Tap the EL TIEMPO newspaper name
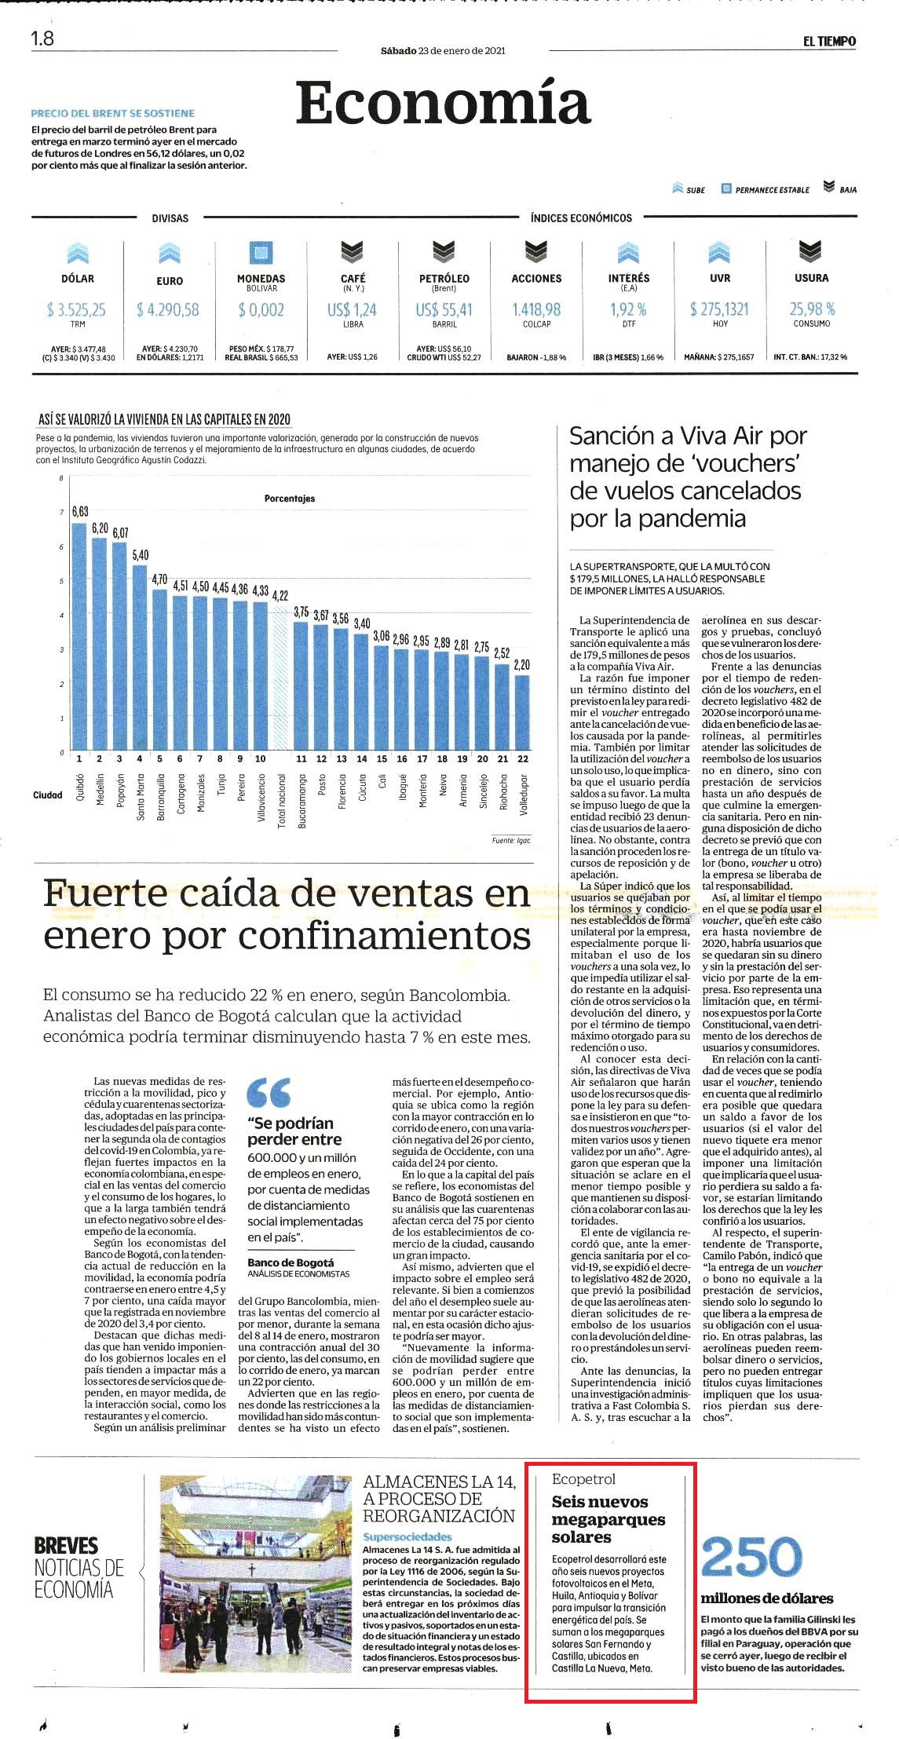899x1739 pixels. point(829,42)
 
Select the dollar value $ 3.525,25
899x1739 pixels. point(76,310)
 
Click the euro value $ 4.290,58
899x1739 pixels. point(168,310)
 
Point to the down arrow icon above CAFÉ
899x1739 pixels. point(353,252)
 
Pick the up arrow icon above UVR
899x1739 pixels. point(719,252)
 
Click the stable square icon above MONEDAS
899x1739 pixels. point(261,252)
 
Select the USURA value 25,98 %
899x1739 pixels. point(812,309)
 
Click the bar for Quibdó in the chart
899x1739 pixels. point(79,637)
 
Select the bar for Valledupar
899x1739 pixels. point(522,713)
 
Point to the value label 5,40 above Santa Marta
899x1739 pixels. point(141,555)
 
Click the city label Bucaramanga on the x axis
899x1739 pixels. point(301,802)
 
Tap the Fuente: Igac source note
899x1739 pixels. point(511,840)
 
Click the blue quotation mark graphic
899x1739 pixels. point(269,1092)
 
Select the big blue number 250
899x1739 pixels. point(751,1557)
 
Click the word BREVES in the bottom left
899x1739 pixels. point(66,1546)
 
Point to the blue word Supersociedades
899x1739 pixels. point(407,1536)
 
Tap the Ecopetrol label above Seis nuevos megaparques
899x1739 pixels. point(583,1479)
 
